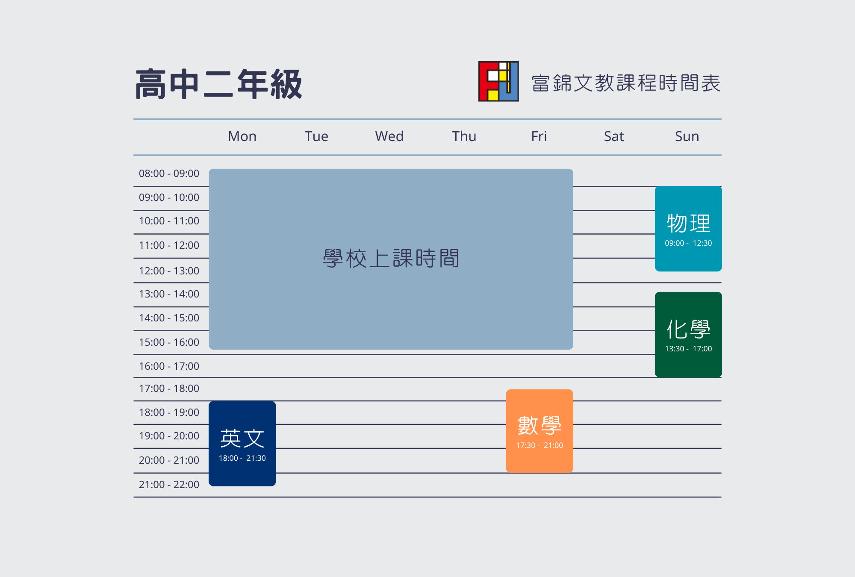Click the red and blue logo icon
coord(498,81)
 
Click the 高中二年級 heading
coord(219,84)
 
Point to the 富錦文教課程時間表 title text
coord(626,83)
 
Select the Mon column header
coord(242,136)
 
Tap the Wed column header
coord(389,136)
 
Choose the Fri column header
coord(539,136)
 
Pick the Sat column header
coord(614,136)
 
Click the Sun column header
coord(687,136)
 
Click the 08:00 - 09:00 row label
coord(169,174)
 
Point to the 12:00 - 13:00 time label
coord(169,271)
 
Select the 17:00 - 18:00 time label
coord(169,389)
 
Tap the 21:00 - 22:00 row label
coord(169,485)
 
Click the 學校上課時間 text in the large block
coord(391,259)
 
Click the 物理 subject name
coord(688,224)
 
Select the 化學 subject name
coord(688,330)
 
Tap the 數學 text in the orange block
coord(540,426)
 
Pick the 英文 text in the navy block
coord(242,439)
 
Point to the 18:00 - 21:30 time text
coord(242,458)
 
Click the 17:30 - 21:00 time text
coord(540,445)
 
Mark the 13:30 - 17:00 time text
coord(688,349)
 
